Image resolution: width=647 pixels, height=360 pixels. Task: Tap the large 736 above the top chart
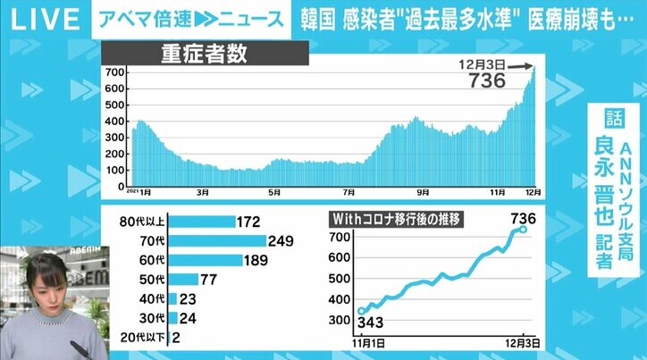click(x=487, y=80)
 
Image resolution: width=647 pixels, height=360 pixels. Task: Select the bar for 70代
click(x=217, y=240)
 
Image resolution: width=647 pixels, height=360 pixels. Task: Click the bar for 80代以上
click(x=202, y=220)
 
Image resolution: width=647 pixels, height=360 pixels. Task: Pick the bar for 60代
click(x=206, y=260)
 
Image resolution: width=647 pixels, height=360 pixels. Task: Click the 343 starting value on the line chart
click(x=370, y=322)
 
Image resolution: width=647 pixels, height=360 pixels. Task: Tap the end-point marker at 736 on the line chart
click(x=524, y=230)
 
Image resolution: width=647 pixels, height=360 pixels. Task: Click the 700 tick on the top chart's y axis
click(x=114, y=71)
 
